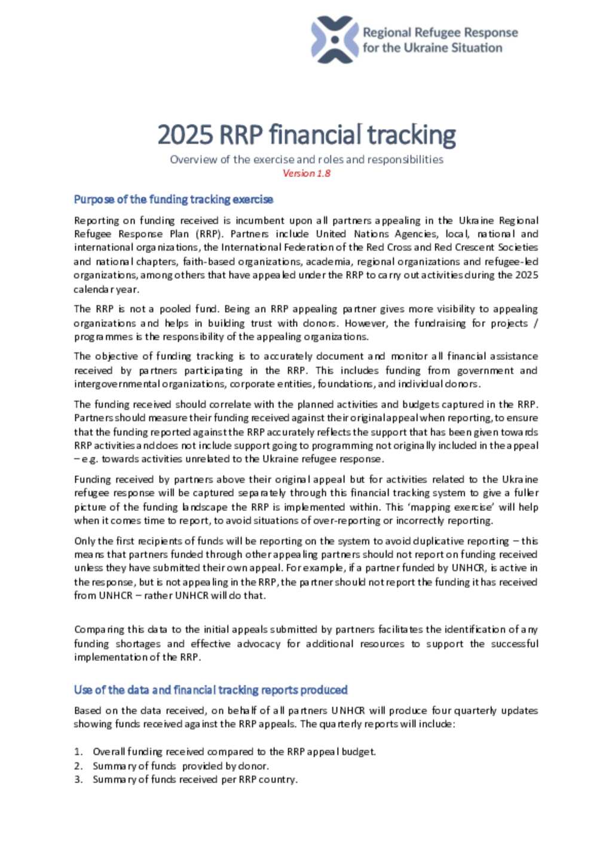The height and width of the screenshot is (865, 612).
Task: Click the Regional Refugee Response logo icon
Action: coord(335,40)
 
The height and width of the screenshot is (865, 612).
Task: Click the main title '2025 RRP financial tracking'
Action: coord(306,135)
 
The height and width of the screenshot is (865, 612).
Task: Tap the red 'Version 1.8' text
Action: coord(306,173)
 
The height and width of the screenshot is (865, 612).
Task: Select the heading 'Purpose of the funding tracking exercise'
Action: coord(173,199)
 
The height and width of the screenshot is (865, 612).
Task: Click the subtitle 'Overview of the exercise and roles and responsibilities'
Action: coord(306,159)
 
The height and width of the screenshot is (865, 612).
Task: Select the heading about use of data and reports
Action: coord(210,690)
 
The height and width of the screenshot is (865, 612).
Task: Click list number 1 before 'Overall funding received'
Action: coord(78,752)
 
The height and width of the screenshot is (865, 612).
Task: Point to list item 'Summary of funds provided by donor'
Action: coord(180,766)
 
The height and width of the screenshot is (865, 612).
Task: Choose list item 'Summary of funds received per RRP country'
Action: coord(195,780)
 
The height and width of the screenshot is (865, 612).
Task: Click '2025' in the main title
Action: coord(185,135)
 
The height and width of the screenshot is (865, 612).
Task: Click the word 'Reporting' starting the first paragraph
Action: coord(96,221)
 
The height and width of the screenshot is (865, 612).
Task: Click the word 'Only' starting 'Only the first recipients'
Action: coord(84,541)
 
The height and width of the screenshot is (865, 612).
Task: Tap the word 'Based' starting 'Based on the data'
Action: coord(87,711)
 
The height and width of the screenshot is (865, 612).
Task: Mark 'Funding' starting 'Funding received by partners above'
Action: coord(92,479)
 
